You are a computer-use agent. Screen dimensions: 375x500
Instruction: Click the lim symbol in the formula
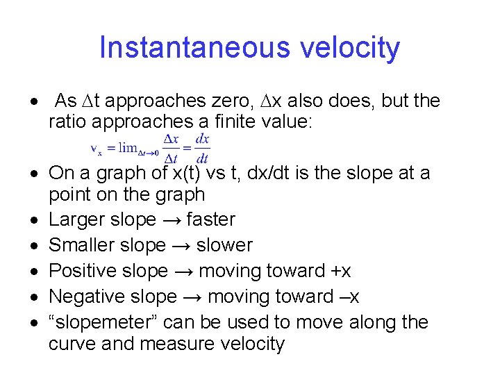point(129,147)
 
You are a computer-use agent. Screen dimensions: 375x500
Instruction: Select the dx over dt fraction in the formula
point(202,148)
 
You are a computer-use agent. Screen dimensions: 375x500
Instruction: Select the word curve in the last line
point(69,344)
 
